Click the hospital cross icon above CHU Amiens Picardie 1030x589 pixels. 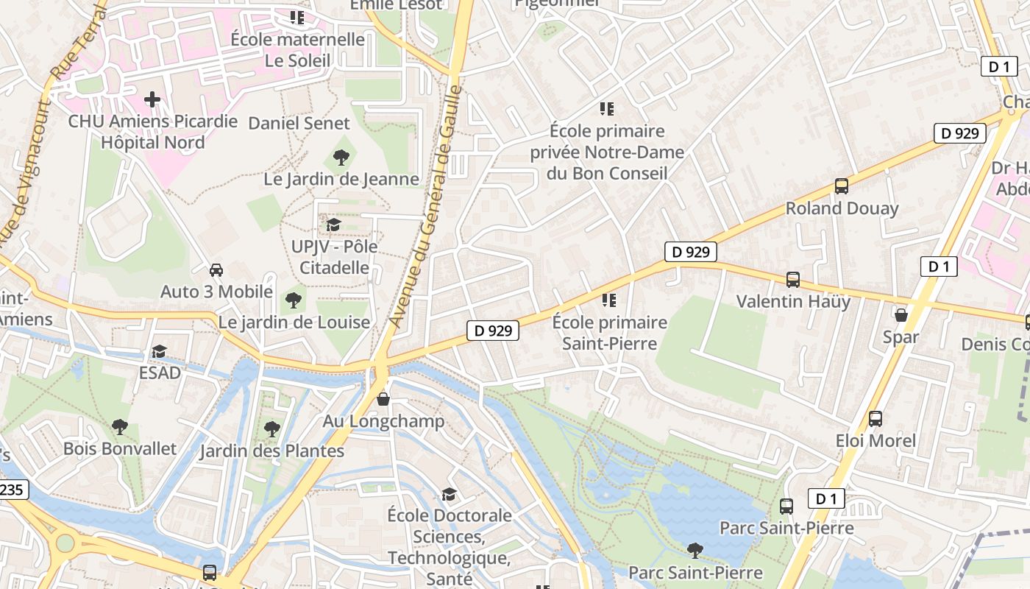[152, 99]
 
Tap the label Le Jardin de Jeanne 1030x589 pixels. [341, 179]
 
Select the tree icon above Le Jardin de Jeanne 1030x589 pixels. [341, 156]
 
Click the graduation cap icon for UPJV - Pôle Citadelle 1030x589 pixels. [334, 224]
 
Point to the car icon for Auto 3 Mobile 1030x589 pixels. [216, 269]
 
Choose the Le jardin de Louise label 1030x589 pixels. [294, 322]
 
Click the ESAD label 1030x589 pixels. [160, 373]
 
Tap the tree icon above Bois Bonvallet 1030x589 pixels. [119, 426]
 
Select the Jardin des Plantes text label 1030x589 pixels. [272, 451]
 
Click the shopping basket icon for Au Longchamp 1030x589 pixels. [383, 400]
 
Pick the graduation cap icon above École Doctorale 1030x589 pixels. [449, 493]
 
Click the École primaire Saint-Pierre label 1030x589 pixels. [610, 333]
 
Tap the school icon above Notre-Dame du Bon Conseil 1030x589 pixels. [607, 109]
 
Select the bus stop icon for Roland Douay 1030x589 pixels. [842, 186]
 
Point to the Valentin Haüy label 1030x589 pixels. [793, 301]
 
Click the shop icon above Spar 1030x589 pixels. [901, 315]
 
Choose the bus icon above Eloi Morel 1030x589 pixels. [876, 419]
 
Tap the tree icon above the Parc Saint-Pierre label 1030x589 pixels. [695, 550]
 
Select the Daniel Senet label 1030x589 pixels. [299, 123]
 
